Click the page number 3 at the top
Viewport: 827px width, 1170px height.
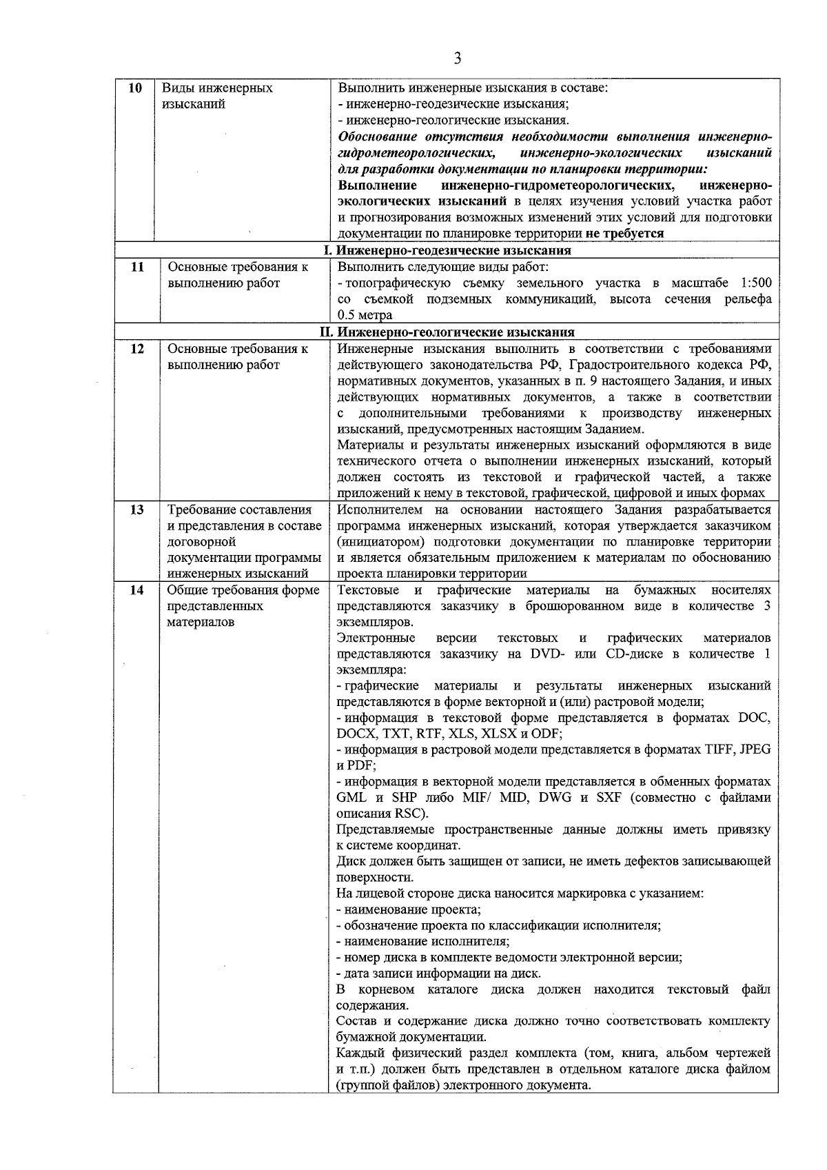tap(458, 59)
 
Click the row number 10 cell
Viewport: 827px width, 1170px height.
tap(136, 88)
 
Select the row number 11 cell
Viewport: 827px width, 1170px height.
tap(136, 267)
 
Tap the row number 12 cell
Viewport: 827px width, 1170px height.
tap(136, 349)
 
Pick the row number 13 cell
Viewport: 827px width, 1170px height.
tap(136, 510)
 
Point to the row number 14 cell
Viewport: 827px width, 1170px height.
tap(136, 590)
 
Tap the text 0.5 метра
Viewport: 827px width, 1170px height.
tap(365, 315)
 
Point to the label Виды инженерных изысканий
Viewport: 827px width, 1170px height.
tap(217, 97)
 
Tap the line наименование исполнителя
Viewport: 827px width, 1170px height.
tap(422, 941)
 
